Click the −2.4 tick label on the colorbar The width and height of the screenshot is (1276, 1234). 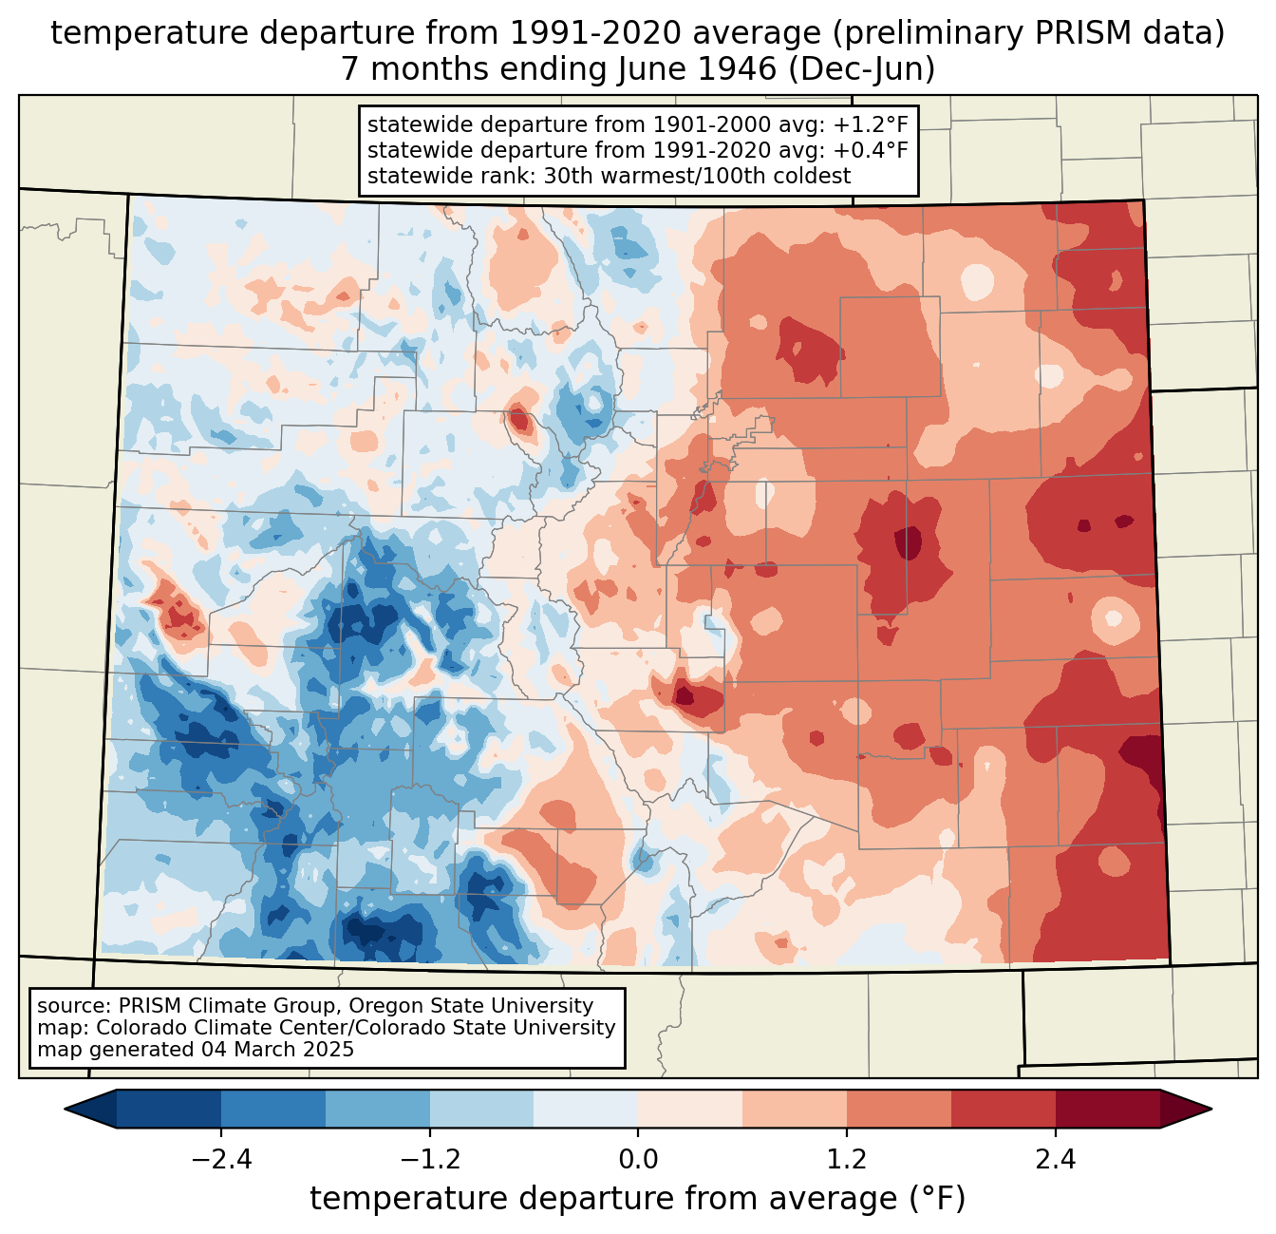pos(221,1160)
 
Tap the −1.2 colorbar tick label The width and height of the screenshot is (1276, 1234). pos(429,1160)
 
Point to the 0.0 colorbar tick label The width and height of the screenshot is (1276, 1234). pos(638,1160)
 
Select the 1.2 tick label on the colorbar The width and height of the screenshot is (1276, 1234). pos(847,1160)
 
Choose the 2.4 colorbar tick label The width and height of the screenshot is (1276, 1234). pos(1055,1160)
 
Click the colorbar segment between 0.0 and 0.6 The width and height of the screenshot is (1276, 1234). pos(690,1109)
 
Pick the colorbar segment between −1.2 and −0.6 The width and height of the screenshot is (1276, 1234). pos(481,1109)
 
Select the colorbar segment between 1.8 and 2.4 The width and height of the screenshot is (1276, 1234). pos(1003,1109)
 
